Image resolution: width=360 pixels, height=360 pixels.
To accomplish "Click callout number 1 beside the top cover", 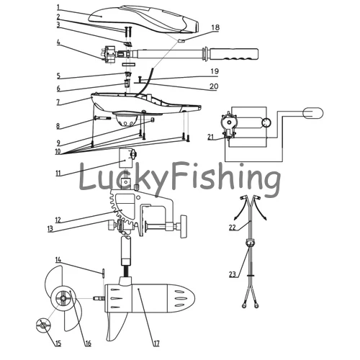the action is point(58,7).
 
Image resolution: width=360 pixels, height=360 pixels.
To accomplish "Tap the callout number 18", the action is point(215,27).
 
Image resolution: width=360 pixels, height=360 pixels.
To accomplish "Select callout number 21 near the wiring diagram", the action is point(210,137).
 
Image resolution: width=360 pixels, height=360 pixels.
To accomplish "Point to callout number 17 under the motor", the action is point(156,343).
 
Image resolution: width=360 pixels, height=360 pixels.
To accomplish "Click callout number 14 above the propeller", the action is point(58,260).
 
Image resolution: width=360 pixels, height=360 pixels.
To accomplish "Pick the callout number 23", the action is point(233,274).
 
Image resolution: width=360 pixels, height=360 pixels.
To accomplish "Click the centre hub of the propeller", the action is point(63,298).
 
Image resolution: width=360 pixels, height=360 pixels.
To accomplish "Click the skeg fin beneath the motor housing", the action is point(117,326).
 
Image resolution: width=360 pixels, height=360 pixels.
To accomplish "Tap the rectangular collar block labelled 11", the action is point(126,158).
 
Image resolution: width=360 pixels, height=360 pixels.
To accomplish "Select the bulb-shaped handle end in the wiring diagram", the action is point(313,113).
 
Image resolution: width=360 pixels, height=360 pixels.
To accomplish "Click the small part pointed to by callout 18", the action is point(181,40).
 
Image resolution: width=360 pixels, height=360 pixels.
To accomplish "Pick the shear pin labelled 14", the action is point(103,273).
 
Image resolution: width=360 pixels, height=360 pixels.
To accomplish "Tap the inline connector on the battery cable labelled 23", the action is point(251,243).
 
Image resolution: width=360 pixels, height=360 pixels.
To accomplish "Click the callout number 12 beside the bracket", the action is point(58,220).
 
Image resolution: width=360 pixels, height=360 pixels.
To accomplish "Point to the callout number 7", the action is point(58,102).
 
